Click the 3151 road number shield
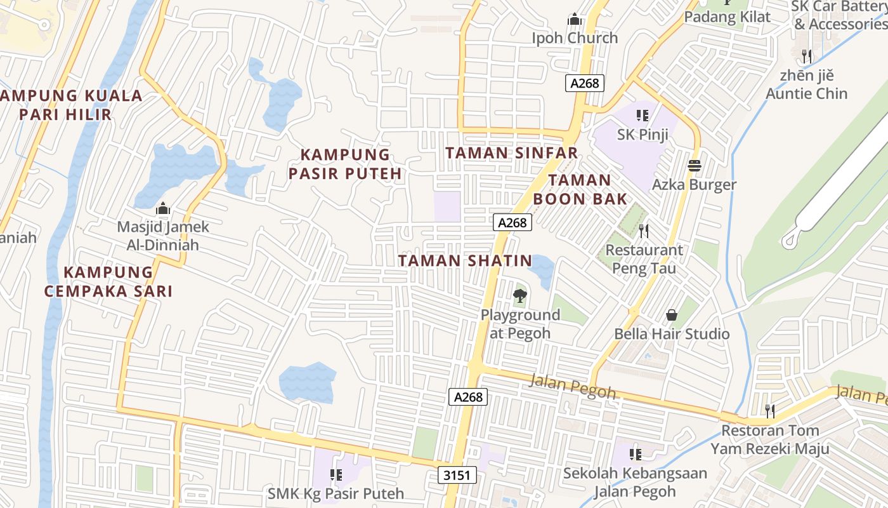tap(457, 475)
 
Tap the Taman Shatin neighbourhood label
tap(465, 260)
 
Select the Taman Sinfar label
tap(511, 153)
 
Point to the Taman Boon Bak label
tap(580, 189)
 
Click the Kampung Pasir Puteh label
tap(345, 164)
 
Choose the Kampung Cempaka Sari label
tap(108, 281)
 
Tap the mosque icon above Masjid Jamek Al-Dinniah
tap(163, 208)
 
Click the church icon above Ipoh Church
tap(575, 20)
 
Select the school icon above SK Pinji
tap(643, 116)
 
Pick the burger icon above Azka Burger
tap(695, 166)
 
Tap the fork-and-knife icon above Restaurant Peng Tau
tap(644, 231)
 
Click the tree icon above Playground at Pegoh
tap(519, 295)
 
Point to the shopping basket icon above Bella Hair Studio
tap(671, 315)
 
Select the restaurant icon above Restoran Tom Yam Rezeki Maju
tap(769, 411)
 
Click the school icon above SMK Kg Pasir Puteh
tap(336, 474)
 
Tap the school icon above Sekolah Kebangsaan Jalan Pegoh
tap(635, 454)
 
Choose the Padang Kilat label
tap(727, 17)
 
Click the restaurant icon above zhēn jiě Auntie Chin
tap(806, 56)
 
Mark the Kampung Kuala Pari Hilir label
tap(72, 105)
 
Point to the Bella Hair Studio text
tap(672, 334)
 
